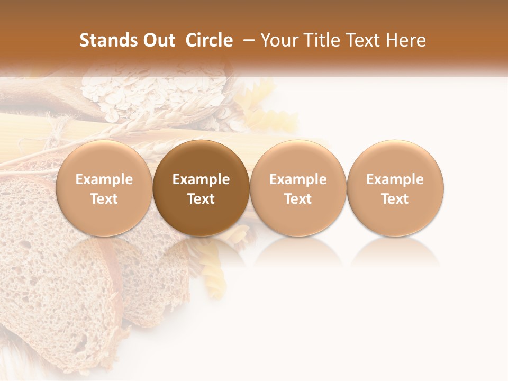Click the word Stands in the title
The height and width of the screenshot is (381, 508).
pos(101,40)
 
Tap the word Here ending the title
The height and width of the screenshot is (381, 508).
pos(406,40)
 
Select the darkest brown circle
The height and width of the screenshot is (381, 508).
pos(201,188)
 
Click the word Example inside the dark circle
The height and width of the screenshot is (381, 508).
pos(201,179)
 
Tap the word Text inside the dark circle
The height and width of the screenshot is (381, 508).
pos(201,199)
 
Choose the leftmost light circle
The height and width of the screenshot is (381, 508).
pos(104,188)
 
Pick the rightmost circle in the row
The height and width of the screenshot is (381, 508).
pos(395,188)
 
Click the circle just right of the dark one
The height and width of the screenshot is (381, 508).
pos(298,188)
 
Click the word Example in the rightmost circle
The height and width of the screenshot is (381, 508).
pos(395,179)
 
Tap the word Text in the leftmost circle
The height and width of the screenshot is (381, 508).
pos(104,199)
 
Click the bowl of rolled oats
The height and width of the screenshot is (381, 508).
pos(153,93)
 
